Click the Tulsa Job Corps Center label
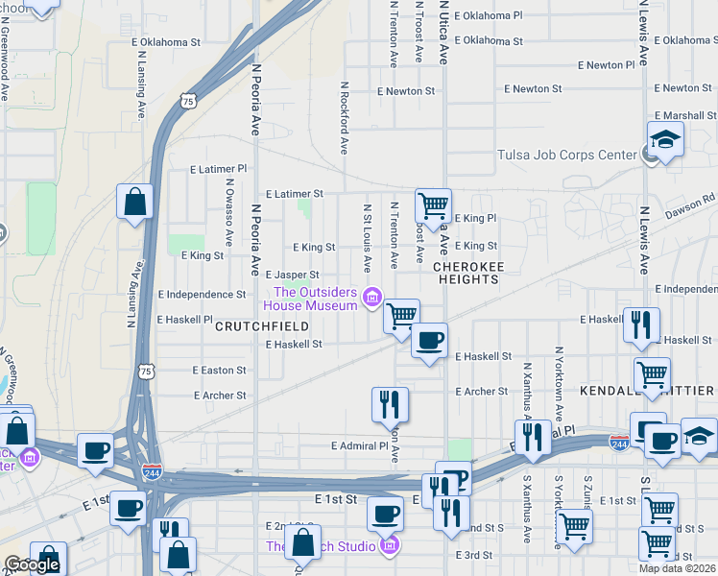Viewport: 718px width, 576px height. point(566,155)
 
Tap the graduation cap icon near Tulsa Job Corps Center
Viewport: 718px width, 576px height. point(664,140)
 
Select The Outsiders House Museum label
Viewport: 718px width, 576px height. point(314,299)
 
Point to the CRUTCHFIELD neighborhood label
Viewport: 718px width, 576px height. point(262,326)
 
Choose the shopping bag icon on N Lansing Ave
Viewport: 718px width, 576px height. point(134,202)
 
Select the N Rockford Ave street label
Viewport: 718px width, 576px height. point(344,116)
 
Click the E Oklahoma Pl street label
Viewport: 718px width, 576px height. point(490,15)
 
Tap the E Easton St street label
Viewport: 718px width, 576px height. point(219,370)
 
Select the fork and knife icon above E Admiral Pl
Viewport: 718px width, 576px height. point(390,404)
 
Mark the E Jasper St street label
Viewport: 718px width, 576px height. point(292,275)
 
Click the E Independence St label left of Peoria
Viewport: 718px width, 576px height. point(202,294)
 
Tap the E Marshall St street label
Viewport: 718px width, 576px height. point(683,115)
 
